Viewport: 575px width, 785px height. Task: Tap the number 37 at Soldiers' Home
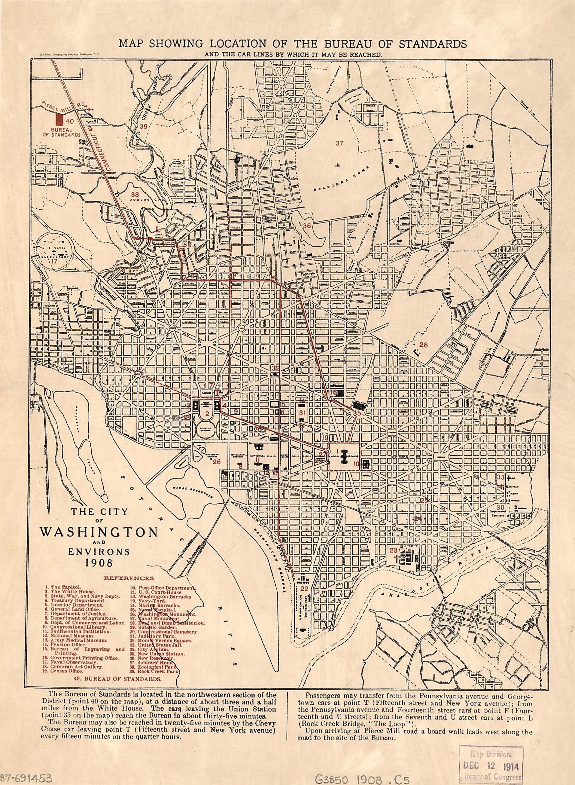339,143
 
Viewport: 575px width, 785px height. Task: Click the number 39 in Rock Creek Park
143,127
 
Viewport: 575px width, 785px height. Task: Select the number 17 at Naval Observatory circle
53,261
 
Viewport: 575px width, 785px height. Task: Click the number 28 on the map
423,345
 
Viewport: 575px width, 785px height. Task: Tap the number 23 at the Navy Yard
393,550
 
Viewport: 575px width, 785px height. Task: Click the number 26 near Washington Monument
217,462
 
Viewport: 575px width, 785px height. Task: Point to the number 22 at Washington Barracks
304,589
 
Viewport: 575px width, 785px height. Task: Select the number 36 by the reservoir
306,226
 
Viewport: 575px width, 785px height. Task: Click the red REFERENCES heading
129,578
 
